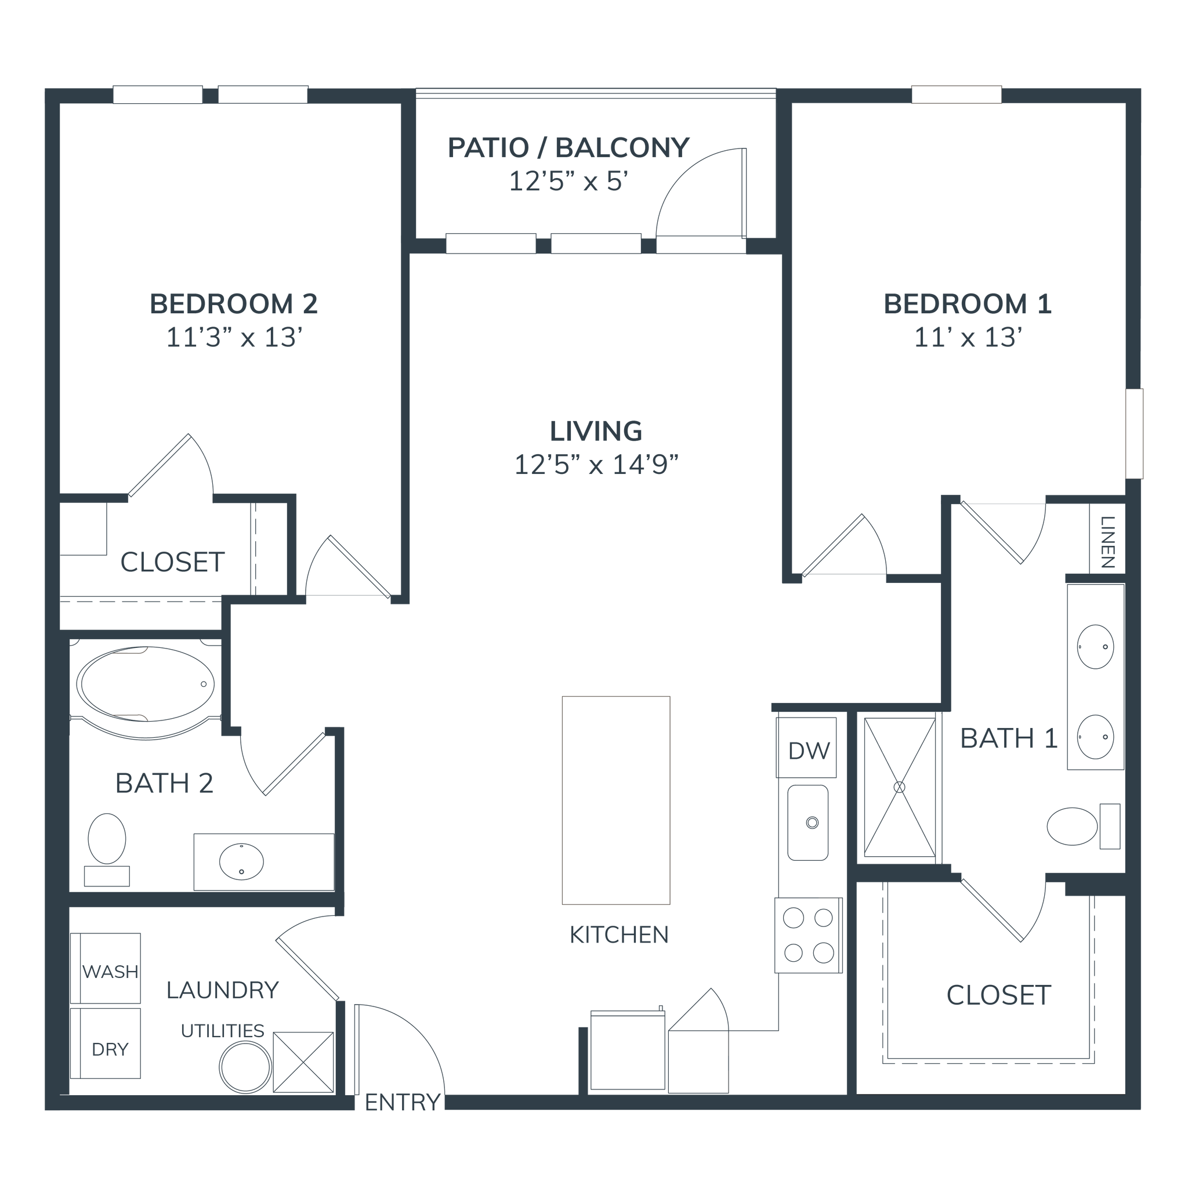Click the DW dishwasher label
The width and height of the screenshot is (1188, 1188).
(809, 749)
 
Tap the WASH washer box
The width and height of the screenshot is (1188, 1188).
(111, 971)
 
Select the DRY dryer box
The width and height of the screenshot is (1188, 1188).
(110, 1048)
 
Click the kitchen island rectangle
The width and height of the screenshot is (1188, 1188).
(615, 800)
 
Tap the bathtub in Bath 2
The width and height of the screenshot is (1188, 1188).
(145, 683)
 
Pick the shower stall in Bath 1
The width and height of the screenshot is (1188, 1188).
(899, 787)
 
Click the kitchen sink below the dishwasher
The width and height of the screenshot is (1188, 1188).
(809, 822)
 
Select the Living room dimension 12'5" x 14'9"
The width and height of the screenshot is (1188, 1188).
(596, 465)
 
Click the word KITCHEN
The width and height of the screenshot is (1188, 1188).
(618, 935)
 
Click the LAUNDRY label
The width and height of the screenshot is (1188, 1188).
(223, 990)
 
